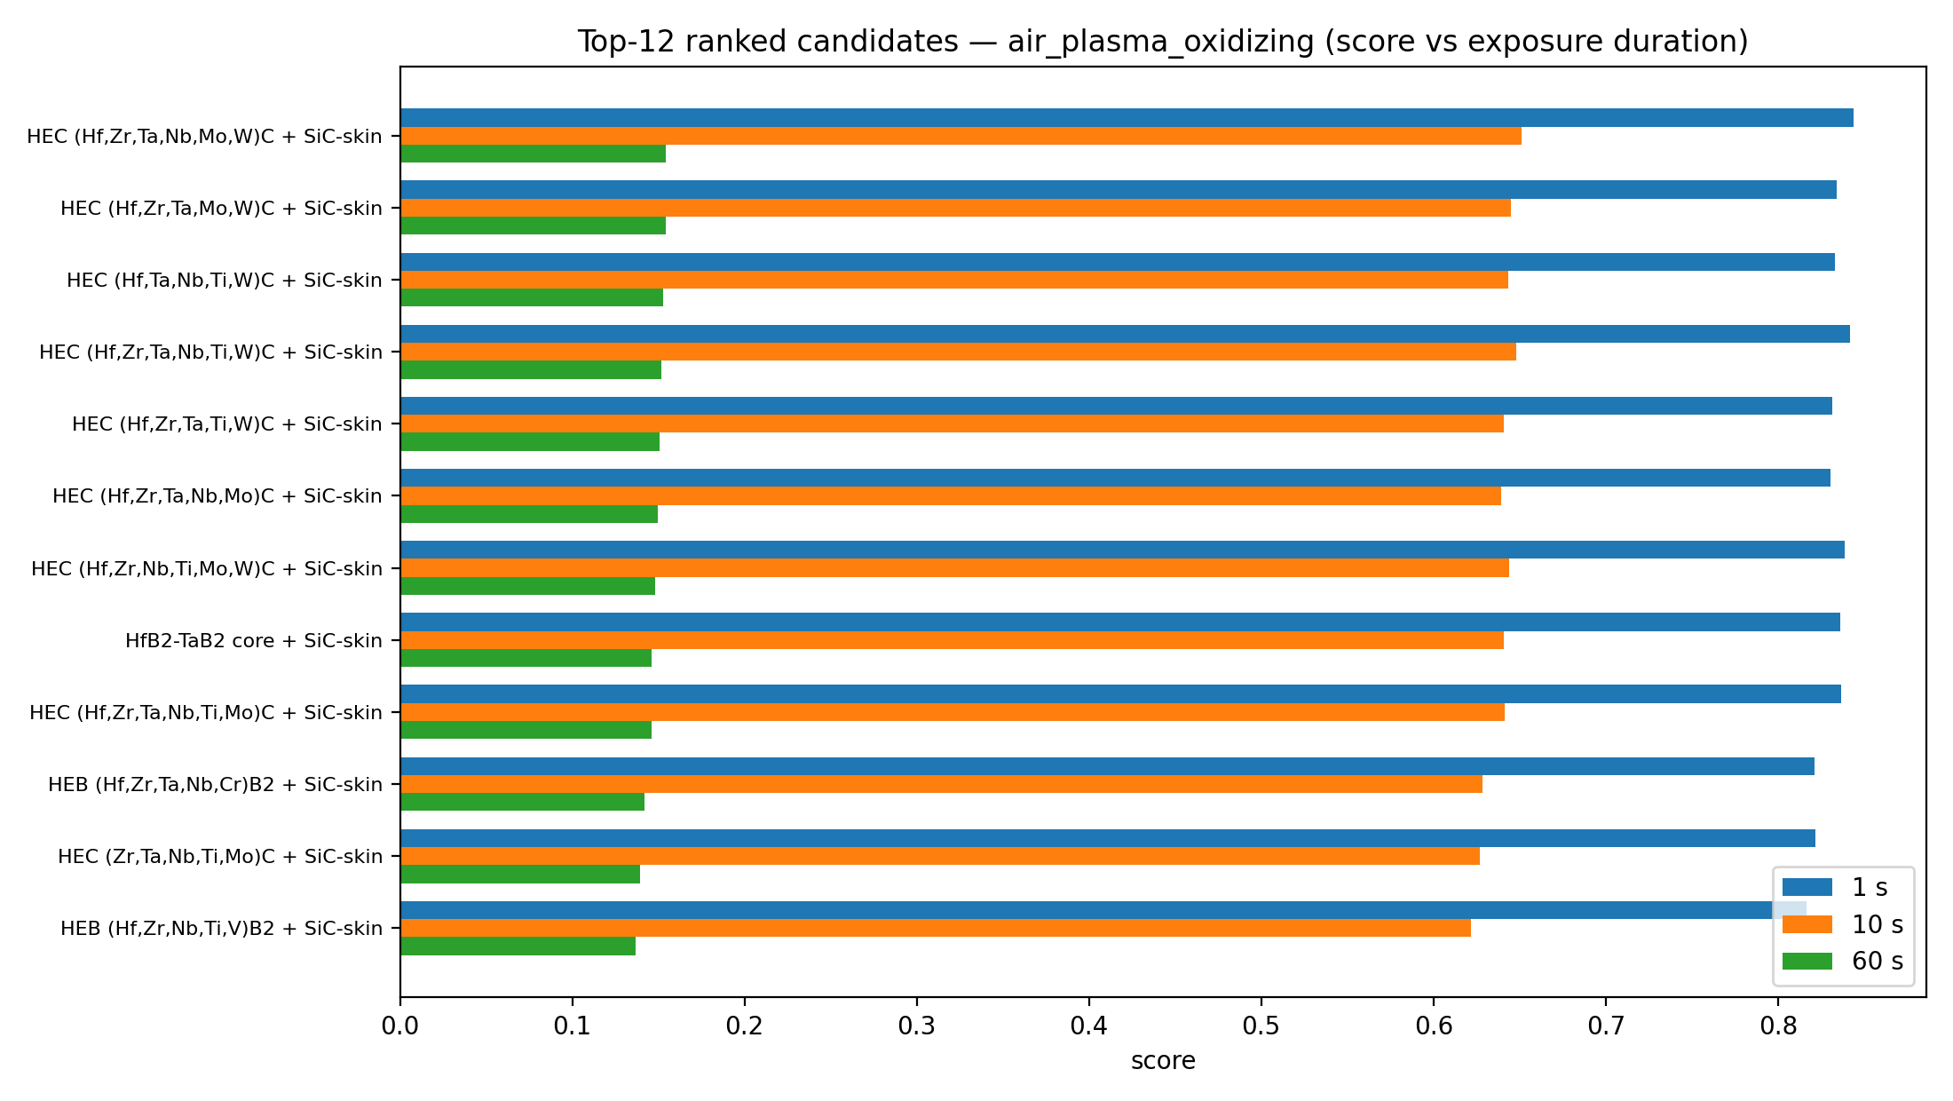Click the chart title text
[1163, 42]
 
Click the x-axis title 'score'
[1163, 1061]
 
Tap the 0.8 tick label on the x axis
[1778, 1026]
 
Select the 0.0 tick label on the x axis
[400, 1026]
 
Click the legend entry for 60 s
[1843, 962]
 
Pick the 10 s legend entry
[1843, 924]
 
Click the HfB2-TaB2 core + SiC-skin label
[254, 640]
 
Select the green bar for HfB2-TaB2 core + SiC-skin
[526, 658]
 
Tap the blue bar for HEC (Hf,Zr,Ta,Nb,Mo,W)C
[1127, 118]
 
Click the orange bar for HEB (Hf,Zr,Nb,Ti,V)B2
[936, 928]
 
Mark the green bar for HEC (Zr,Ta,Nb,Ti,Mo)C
[520, 874]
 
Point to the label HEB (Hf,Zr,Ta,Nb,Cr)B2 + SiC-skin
[216, 784]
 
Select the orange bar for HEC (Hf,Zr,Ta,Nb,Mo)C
[951, 495]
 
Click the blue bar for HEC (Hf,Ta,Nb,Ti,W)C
[1118, 262]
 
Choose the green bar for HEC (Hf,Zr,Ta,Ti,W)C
[530, 441]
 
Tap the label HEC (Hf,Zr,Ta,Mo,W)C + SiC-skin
[222, 208]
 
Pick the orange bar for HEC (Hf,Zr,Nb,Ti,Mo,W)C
[954, 568]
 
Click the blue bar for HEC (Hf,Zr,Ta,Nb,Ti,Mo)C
[1120, 694]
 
